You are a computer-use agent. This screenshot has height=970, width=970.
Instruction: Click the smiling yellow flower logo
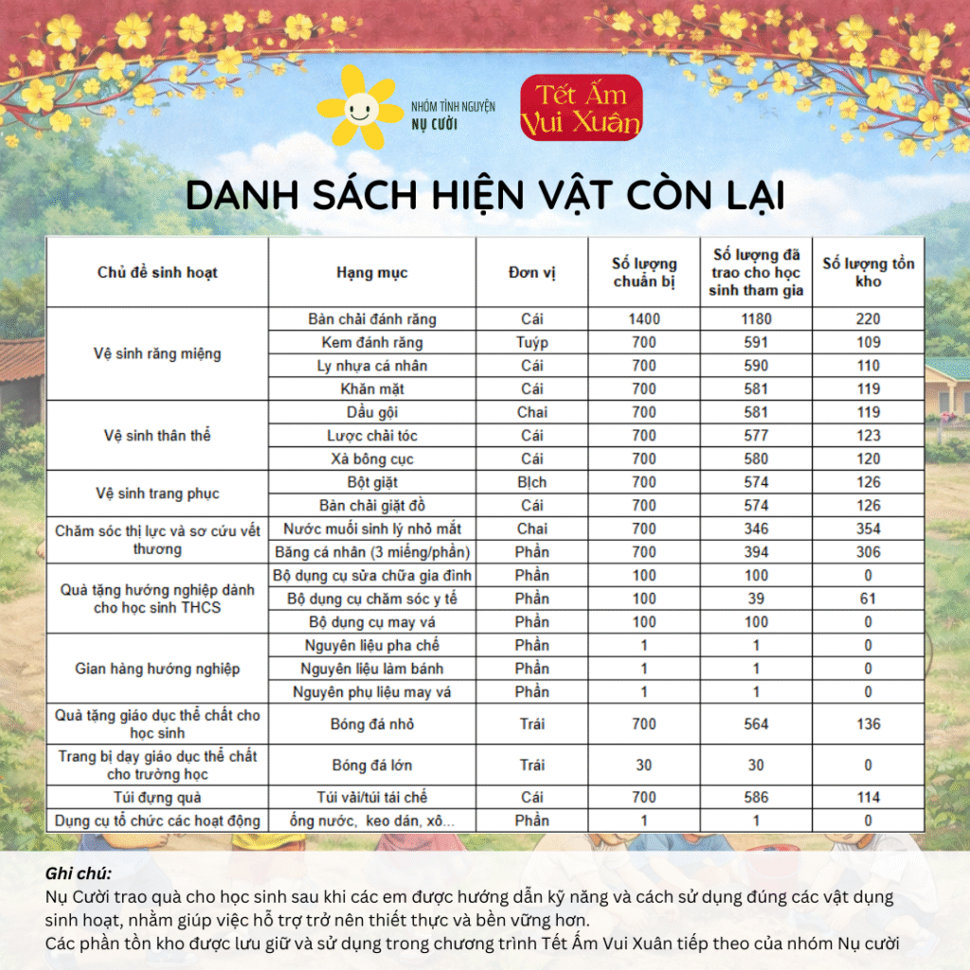coord(360,108)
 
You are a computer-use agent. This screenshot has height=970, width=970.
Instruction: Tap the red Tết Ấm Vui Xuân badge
coord(581,108)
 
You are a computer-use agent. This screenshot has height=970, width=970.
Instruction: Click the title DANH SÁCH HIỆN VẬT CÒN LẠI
coord(485,195)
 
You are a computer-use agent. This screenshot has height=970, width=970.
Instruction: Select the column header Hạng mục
coord(371,273)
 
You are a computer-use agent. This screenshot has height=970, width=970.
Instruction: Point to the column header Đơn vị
coord(531,273)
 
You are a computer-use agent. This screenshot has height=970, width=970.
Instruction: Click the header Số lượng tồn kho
coord(868,273)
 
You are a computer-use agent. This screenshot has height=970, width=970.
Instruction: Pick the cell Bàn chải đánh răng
coord(371,319)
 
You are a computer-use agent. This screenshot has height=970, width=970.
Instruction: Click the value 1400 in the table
coord(644,319)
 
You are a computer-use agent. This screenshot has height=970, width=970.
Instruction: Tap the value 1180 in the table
coord(755,319)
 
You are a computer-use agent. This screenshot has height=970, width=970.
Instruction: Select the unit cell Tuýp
coord(531,342)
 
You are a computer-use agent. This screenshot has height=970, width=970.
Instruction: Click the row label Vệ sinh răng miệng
coord(157,353)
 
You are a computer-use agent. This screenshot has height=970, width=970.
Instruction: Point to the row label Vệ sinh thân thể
coord(157,436)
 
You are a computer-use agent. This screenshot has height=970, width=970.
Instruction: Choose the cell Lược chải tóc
coord(371,436)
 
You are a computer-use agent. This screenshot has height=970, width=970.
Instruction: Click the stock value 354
coord(868,529)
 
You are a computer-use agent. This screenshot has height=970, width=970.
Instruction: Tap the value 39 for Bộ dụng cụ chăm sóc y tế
coord(755,599)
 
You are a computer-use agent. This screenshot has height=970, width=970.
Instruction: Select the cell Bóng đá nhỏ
coord(371,724)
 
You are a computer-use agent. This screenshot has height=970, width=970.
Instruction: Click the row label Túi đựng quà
coord(157,798)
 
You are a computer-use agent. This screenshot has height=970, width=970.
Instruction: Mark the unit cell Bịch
coord(531,482)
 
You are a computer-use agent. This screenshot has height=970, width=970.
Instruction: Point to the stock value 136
coord(868,724)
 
